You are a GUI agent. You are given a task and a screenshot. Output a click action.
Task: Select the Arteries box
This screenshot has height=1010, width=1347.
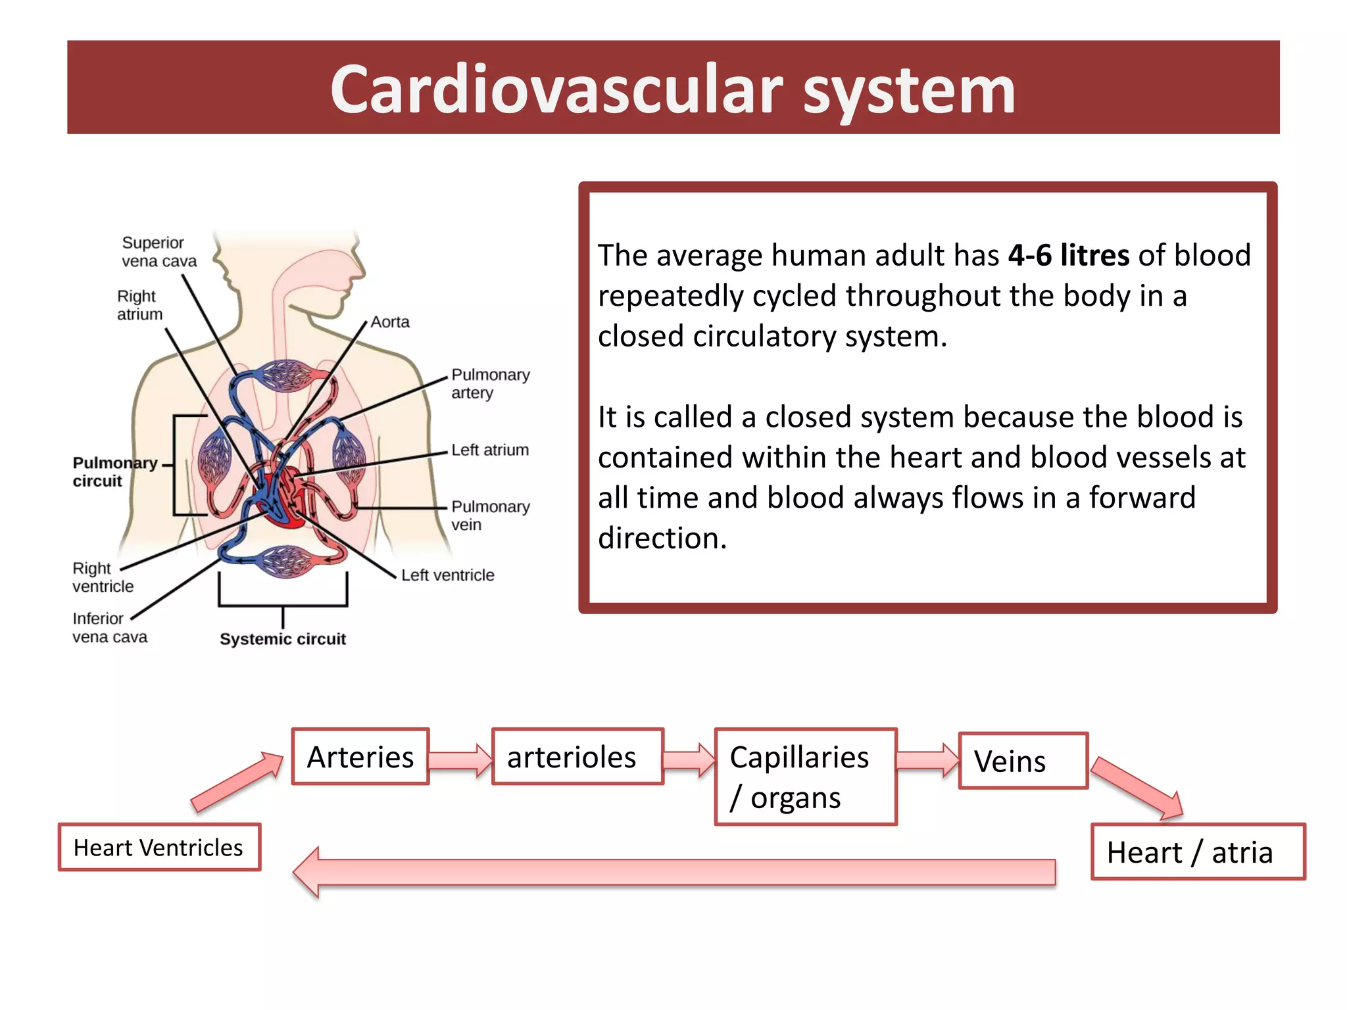click(360, 757)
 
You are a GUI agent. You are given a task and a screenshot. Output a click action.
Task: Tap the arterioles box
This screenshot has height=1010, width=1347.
click(577, 757)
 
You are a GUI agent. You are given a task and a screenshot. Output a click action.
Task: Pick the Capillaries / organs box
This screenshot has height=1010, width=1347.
click(805, 777)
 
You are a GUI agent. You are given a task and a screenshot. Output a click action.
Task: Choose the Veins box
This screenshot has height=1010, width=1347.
click(1023, 761)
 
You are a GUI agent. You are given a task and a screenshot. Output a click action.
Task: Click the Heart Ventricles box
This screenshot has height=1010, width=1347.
click(159, 848)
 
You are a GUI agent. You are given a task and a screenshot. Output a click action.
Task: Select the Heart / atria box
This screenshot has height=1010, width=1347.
click(1198, 852)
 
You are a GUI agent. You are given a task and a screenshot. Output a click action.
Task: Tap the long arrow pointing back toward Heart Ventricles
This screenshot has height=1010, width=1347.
click(673, 872)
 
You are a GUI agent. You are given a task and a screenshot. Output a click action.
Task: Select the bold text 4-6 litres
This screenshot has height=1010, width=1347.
click(1068, 255)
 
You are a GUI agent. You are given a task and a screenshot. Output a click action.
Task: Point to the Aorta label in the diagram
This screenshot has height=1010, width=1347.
click(390, 322)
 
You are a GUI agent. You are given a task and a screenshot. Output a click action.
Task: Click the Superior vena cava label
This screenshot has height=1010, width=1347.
click(159, 252)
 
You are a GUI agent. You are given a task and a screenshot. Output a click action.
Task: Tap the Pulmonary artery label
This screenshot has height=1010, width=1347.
click(490, 383)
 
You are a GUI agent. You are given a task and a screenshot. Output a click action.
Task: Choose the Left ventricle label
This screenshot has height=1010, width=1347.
click(447, 575)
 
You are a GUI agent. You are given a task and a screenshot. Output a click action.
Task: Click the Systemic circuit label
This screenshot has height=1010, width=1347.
click(283, 639)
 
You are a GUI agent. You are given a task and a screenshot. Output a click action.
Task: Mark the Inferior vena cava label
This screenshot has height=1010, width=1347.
click(109, 627)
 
